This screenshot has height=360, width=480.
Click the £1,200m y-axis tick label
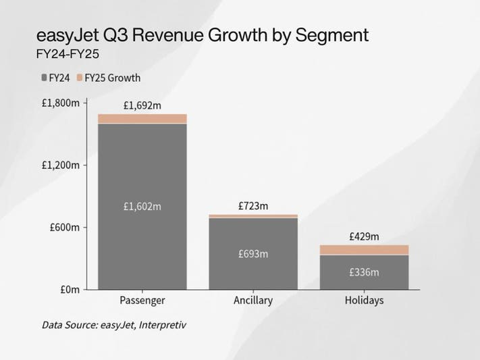pyautogui.click(x=61, y=165)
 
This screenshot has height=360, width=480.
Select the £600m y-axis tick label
pyautogui.click(x=65, y=227)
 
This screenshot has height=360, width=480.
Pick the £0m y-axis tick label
pyautogui.click(x=70, y=289)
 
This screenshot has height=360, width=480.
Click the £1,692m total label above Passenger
pyautogui.click(x=142, y=105)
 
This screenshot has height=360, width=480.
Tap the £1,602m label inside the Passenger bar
pyautogui.click(x=142, y=207)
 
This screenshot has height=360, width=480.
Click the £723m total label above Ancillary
pyautogui.click(x=252, y=205)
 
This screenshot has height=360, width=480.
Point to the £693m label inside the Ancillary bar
pyautogui.click(x=252, y=254)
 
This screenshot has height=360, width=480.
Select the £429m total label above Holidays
pyautogui.click(x=363, y=236)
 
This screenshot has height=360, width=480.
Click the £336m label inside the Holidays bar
pyautogui.click(x=363, y=272)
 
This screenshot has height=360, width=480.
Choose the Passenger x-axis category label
pyautogui.click(x=142, y=301)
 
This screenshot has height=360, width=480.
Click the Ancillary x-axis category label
pyautogui.click(x=252, y=301)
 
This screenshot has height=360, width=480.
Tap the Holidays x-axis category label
pyautogui.click(x=363, y=301)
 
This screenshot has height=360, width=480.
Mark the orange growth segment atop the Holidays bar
pyautogui.click(x=363, y=250)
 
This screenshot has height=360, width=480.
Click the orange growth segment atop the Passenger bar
pyautogui.click(x=142, y=119)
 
